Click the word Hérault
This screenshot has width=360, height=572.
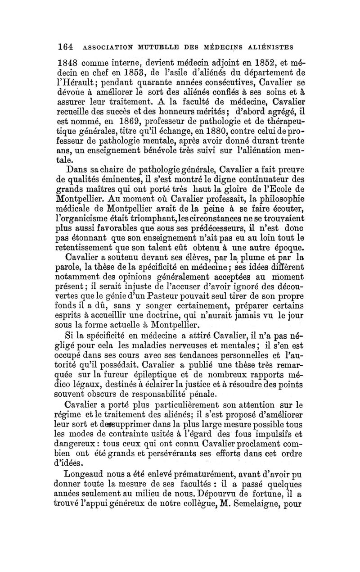pos(89,84)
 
